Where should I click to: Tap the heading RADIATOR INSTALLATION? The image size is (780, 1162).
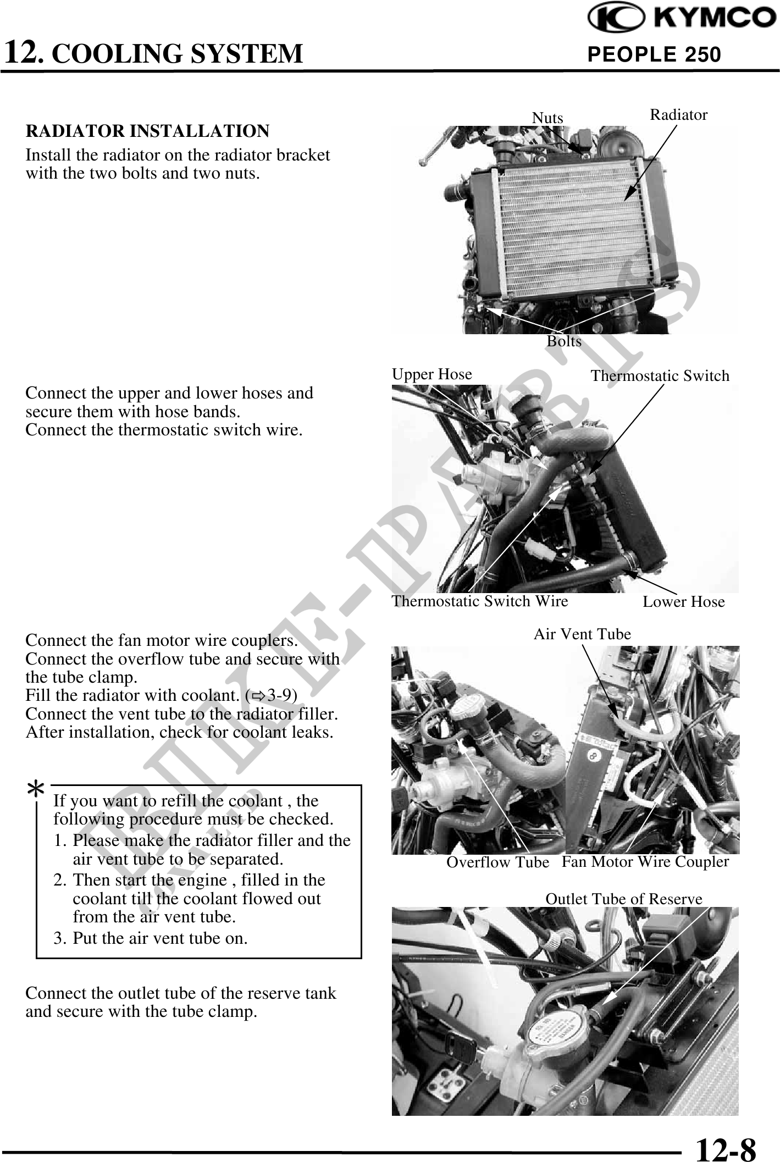pyautogui.click(x=147, y=131)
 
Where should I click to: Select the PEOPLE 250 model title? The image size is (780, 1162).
pyautogui.click(x=654, y=54)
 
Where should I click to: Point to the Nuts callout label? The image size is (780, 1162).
pyautogui.click(x=547, y=118)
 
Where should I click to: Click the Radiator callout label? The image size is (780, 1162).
pyautogui.click(x=678, y=115)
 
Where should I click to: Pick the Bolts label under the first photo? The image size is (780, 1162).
pyautogui.click(x=564, y=341)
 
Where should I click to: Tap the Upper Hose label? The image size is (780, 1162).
pyautogui.click(x=432, y=374)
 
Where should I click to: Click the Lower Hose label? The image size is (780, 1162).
pyautogui.click(x=683, y=602)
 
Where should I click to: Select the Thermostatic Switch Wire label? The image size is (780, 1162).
pyautogui.click(x=479, y=601)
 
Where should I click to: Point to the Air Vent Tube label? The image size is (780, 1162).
pyautogui.click(x=582, y=634)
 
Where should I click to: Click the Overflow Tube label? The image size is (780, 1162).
pyautogui.click(x=497, y=862)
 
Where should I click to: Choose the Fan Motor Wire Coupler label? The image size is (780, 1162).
pyautogui.click(x=645, y=861)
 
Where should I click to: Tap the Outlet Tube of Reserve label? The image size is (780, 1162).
pyautogui.click(x=623, y=899)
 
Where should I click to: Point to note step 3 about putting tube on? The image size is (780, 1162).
pyautogui.click(x=151, y=938)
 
